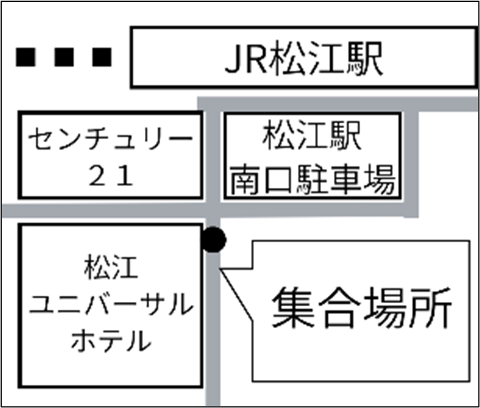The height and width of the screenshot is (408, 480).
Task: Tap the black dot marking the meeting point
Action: coord(213,240)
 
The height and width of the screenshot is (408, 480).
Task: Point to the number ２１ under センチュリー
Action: coord(110,177)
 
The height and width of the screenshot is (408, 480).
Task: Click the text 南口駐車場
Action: coord(312,179)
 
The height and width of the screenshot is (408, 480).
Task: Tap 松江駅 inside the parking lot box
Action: coord(312,138)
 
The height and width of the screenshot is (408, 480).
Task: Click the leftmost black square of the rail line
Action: coord(26,56)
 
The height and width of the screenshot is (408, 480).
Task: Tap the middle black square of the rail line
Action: coord(64,56)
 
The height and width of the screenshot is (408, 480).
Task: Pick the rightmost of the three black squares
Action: coord(102,56)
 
